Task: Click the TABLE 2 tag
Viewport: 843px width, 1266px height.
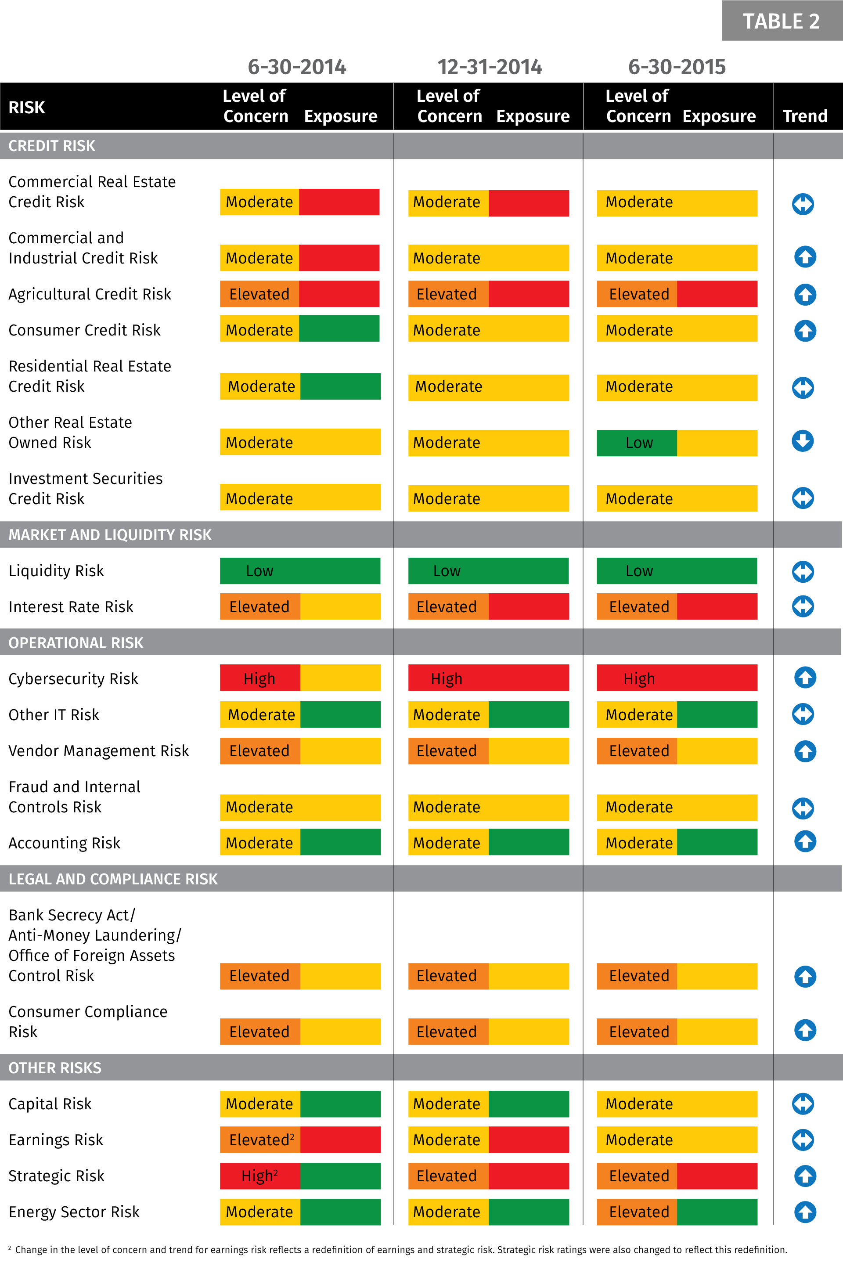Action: (781, 21)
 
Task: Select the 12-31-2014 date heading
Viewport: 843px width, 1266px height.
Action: (489, 67)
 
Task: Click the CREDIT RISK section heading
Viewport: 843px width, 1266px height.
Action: (52, 146)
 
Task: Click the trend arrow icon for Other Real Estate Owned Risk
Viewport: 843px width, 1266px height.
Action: (803, 441)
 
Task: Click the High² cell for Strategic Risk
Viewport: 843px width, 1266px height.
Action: (259, 1176)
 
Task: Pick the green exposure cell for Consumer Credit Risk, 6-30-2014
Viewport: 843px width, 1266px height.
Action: (339, 329)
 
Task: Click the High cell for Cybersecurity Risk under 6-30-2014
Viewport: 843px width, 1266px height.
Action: (259, 678)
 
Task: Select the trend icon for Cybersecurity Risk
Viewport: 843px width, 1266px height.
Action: (805, 678)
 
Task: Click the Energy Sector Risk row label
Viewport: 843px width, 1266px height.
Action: (74, 1212)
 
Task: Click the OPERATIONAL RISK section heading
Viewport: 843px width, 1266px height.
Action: (76, 642)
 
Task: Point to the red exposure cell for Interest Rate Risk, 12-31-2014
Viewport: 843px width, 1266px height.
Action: (529, 606)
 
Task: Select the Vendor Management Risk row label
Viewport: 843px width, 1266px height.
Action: (99, 750)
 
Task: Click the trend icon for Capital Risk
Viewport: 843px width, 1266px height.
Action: (803, 1104)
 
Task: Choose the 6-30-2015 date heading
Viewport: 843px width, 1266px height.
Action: (676, 67)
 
